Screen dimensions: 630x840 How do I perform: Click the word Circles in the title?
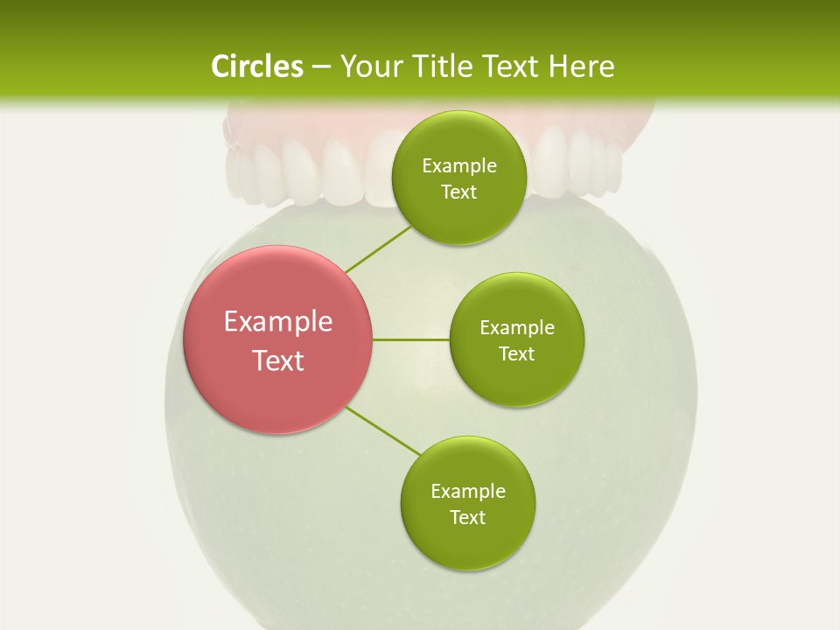click(x=256, y=66)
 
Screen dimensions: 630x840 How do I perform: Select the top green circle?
click(x=459, y=140)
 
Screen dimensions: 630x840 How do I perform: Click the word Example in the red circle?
click(x=278, y=322)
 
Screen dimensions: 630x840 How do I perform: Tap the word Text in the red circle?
click(x=278, y=360)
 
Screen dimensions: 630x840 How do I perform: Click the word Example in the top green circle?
click(x=459, y=166)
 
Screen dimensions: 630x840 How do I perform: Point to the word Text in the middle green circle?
click(x=517, y=353)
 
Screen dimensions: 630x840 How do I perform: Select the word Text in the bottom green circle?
click(x=468, y=517)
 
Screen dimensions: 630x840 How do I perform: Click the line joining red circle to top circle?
click(x=377, y=249)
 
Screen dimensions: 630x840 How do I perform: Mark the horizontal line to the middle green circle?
click(x=411, y=339)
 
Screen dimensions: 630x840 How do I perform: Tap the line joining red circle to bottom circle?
click(x=383, y=430)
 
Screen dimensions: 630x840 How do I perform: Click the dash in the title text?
click(x=321, y=67)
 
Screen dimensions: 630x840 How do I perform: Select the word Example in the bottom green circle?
click(x=468, y=491)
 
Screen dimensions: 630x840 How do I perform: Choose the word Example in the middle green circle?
click(x=517, y=328)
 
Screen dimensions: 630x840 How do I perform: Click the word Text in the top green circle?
click(x=459, y=192)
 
